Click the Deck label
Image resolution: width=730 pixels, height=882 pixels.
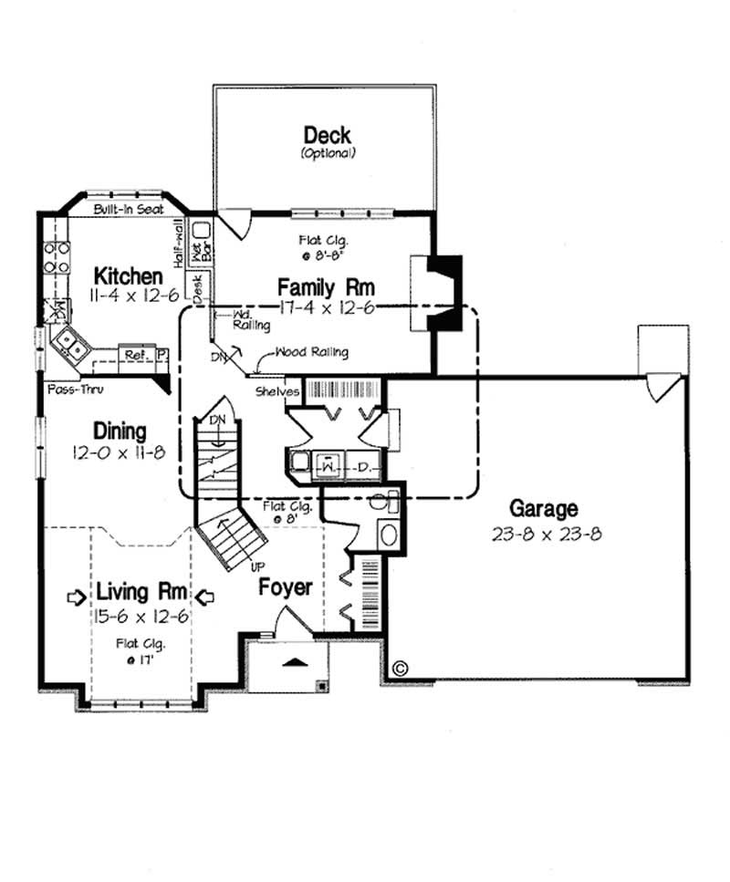327,136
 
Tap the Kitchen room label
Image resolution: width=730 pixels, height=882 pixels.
130,275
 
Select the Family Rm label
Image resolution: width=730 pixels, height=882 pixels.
326,287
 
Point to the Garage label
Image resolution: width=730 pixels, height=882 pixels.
544,509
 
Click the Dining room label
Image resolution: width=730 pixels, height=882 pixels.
120,431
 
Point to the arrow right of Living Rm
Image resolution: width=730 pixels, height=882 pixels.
205,597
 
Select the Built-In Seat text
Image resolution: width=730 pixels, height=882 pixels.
128,210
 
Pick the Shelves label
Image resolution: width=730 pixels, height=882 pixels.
278,392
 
